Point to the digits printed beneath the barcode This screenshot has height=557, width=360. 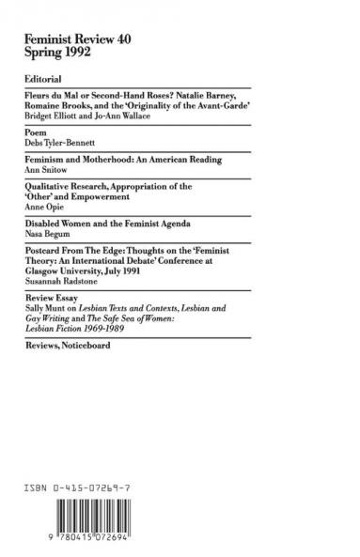pyautogui.click(x=85, y=534)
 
